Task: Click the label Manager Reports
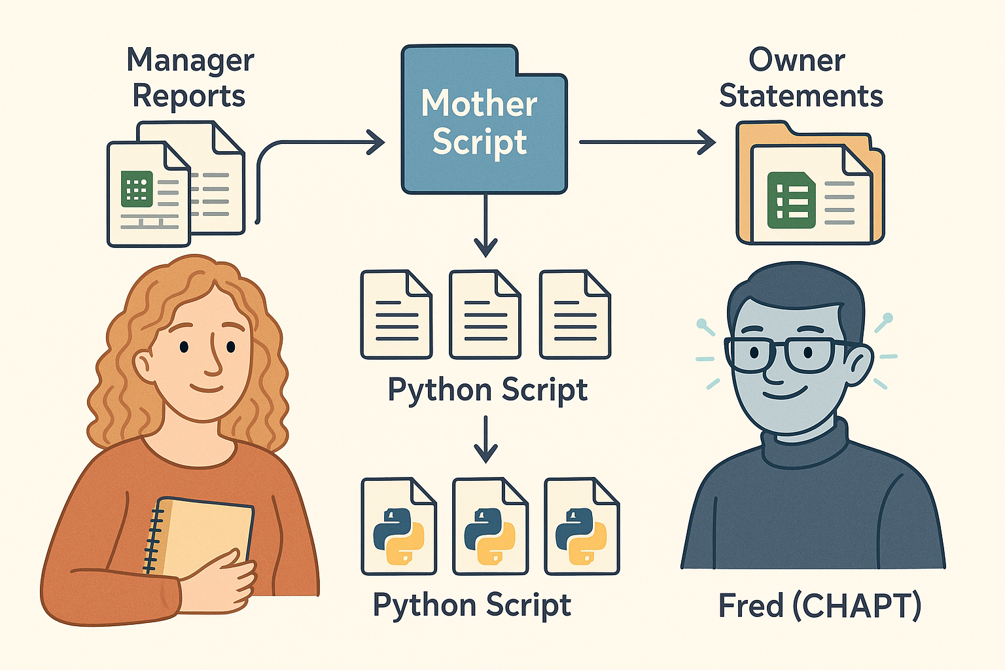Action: click(x=190, y=78)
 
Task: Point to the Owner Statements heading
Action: click(x=800, y=78)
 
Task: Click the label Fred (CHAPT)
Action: click(x=819, y=605)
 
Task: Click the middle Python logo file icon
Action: click(x=489, y=527)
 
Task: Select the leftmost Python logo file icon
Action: click(x=398, y=527)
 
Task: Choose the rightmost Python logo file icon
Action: click(x=581, y=527)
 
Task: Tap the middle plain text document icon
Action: click(x=485, y=315)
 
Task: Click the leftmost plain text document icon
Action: click(x=396, y=315)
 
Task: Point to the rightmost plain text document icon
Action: click(x=574, y=315)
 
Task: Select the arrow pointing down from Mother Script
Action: click(x=485, y=226)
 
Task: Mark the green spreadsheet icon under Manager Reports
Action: click(x=137, y=190)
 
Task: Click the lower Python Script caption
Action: click(x=472, y=605)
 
